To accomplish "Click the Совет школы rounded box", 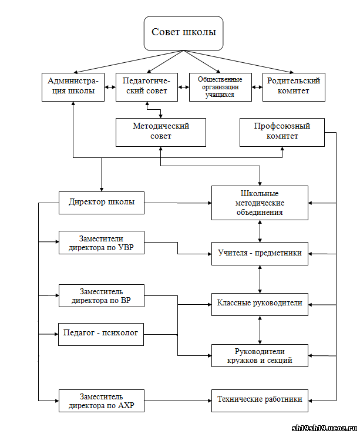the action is [x=183, y=33].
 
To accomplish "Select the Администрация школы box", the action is [x=73, y=87].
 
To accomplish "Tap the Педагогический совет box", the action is [x=147, y=87].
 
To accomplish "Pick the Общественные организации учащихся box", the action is [x=221, y=87].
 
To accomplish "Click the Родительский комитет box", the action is [x=294, y=87].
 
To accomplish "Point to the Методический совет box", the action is [x=161, y=132].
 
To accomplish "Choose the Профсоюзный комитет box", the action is [x=282, y=132].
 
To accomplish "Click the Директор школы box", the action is [x=102, y=203].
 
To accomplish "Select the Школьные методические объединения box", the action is [x=260, y=203].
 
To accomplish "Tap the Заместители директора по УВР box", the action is [x=102, y=243].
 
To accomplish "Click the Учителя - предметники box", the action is [x=260, y=254].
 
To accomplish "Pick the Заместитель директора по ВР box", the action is [x=102, y=295].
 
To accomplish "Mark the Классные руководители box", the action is [x=260, y=304].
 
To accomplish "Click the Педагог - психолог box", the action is [x=101, y=334].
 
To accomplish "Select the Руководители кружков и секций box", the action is [x=260, y=356].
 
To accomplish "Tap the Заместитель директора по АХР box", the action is [x=102, y=401].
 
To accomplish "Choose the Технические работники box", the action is [x=260, y=401].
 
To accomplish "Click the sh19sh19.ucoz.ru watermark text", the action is [x=325, y=428].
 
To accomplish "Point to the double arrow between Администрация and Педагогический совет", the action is [x=110, y=87].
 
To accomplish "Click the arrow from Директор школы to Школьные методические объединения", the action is [x=178, y=203].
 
